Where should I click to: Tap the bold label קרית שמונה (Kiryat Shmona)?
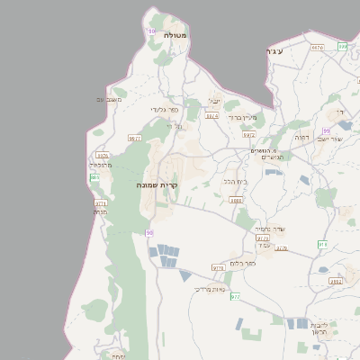(x=158, y=184)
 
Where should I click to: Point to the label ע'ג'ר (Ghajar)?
(x=274, y=51)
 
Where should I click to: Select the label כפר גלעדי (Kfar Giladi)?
(x=165, y=110)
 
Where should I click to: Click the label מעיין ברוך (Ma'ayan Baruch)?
(x=242, y=117)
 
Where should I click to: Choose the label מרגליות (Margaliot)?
(x=100, y=165)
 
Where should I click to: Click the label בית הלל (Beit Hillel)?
(x=235, y=181)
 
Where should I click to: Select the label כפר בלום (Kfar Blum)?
(x=242, y=263)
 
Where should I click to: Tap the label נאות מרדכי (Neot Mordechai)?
(x=209, y=289)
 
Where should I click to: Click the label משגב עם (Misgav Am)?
(x=109, y=99)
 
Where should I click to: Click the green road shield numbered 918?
(x=322, y=244)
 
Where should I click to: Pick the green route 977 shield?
(x=235, y=296)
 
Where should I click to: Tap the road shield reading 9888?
(x=236, y=201)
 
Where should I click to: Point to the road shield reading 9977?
(x=135, y=139)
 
